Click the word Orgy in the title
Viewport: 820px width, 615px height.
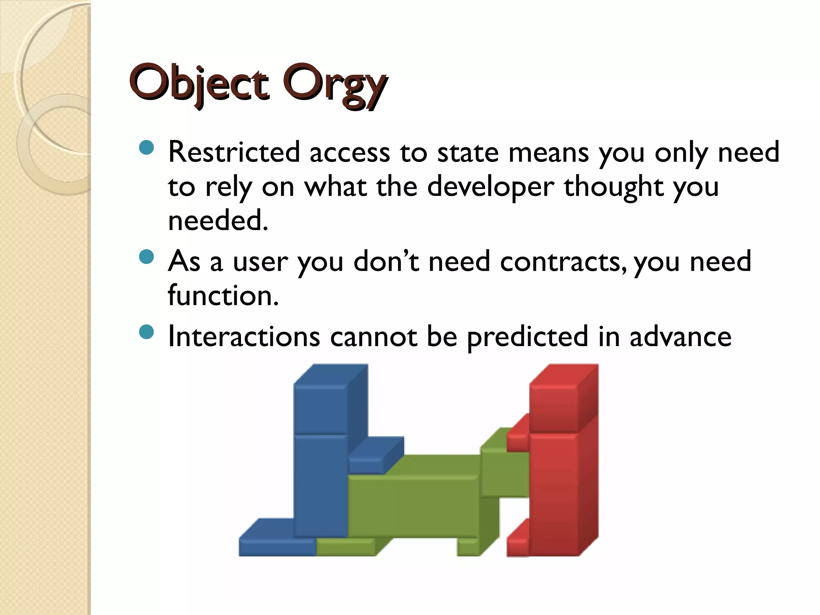334,85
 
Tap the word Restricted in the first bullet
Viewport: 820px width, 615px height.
234,152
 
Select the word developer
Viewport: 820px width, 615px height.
490,187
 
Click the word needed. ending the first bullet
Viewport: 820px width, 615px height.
218,221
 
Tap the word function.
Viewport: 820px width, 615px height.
223,295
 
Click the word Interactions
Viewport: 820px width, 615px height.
244,336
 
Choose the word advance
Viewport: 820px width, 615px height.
680,336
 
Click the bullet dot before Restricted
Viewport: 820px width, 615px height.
147,148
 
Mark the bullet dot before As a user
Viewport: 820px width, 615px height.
147,257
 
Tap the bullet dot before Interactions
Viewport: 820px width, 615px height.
147,332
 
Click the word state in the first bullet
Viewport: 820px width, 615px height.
468,152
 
